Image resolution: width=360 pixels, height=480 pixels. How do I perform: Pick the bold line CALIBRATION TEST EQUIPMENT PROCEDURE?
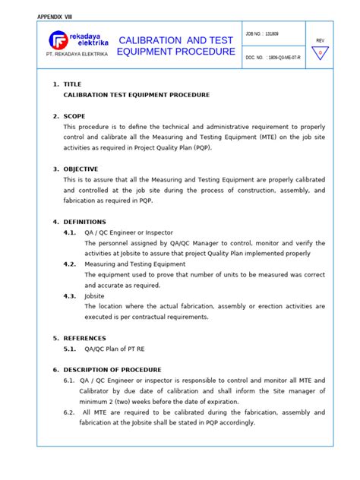pos(136,95)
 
